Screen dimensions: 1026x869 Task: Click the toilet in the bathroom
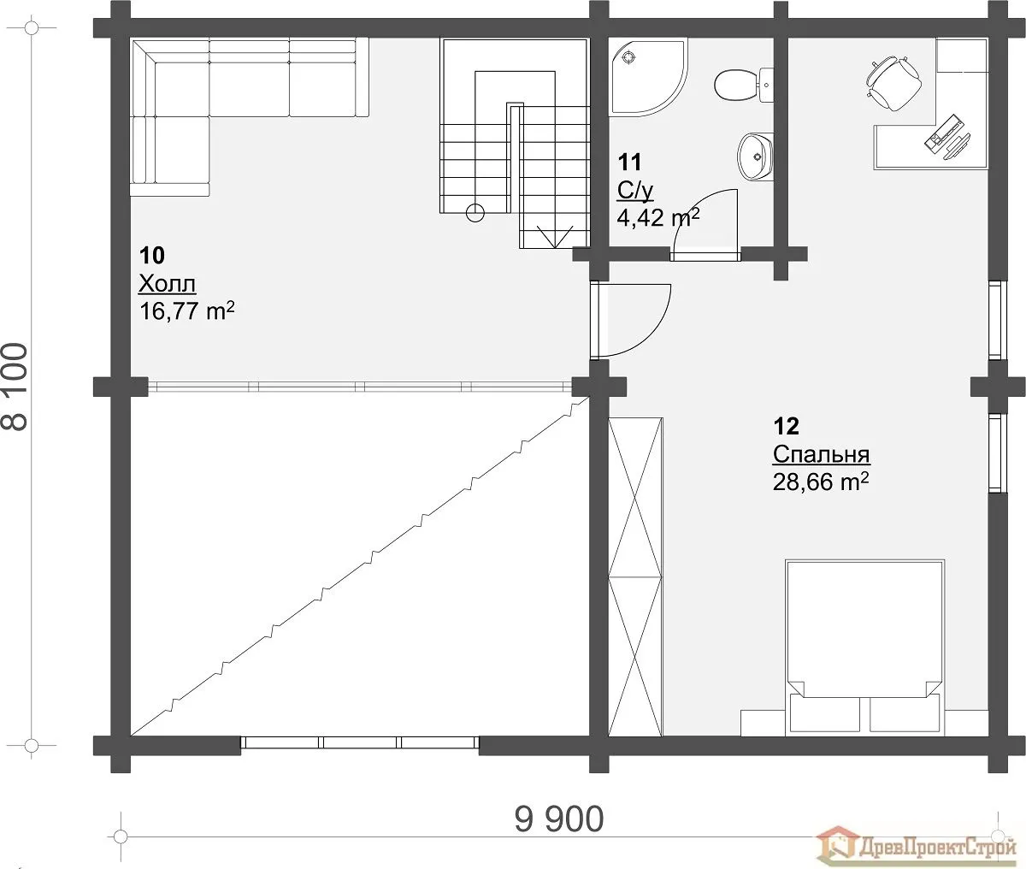[x=743, y=86]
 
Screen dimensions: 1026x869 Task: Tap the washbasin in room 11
[x=755, y=157]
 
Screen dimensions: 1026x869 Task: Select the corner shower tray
[x=649, y=78]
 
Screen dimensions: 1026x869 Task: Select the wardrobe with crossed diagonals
[x=635, y=576]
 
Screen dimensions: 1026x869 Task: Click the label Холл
[x=168, y=284]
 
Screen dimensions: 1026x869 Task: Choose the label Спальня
[x=821, y=454]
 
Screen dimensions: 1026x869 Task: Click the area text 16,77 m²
[x=186, y=310]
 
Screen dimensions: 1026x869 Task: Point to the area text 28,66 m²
[x=821, y=482]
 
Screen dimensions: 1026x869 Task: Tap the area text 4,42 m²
[x=658, y=217]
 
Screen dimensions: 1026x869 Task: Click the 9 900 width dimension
[x=559, y=819]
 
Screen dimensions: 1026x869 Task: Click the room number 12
[x=787, y=426]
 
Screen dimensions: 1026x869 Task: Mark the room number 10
[x=152, y=255]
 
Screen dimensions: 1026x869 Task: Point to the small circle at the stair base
[x=475, y=213]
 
